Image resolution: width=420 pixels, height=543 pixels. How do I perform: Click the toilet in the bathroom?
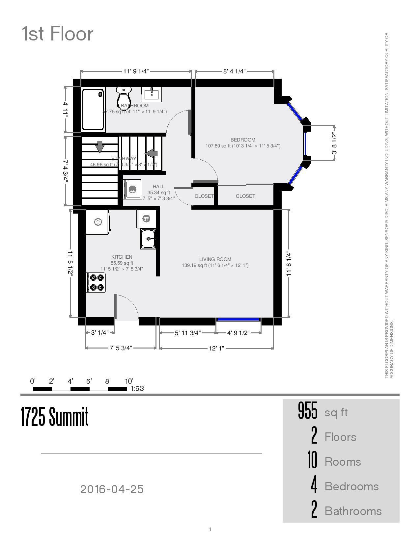tap(124, 96)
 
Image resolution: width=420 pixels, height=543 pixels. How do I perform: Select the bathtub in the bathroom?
tap(93, 110)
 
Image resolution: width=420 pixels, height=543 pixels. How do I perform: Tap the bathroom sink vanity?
tap(151, 94)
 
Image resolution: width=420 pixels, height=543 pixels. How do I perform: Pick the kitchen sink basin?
tap(148, 239)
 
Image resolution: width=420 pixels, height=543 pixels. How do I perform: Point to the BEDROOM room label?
tap(243, 140)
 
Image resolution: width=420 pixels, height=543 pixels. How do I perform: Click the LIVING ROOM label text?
tap(215, 259)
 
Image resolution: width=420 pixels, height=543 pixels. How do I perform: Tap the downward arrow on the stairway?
tap(99, 146)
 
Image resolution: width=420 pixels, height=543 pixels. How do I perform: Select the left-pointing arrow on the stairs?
tap(152, 153)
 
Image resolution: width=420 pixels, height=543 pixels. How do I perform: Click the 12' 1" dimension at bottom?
tap(216, 348)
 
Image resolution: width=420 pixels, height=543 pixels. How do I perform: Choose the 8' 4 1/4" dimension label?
tap(234, 71)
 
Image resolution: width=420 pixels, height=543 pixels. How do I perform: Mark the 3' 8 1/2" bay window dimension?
tap(334, 143)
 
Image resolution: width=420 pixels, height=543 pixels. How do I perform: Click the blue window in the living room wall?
tap(238, 319)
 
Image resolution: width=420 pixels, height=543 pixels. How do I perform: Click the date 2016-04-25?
tap(112, 489)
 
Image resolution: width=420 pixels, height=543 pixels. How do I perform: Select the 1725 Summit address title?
tap(55, 416)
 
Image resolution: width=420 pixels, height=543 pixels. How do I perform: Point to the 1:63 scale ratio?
tap(137, 389)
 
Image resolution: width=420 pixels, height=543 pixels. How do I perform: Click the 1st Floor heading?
tap(58, 34)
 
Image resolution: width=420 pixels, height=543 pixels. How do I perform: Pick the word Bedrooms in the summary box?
tap(351, 486)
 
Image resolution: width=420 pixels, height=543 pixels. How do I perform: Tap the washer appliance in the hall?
tap(133, 189)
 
